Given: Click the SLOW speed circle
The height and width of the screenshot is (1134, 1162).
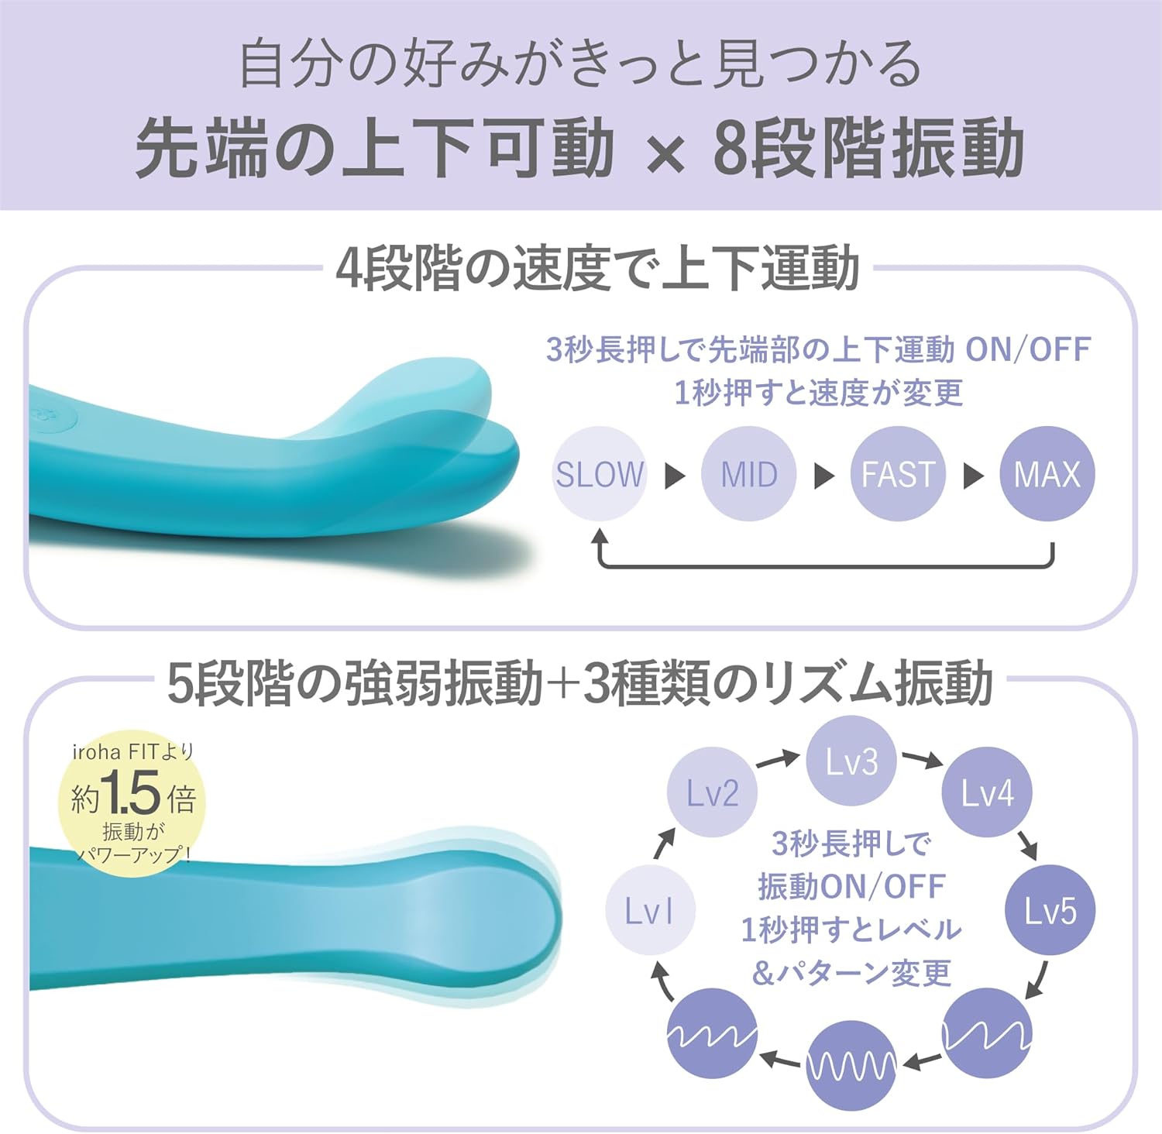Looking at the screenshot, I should (x=600, y=473).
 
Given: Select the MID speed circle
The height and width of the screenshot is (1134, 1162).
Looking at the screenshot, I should (x=748, y=473).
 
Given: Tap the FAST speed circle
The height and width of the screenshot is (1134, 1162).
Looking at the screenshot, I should (x=898, y=473).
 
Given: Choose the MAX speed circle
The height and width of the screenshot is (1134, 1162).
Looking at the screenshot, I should (x=1047, y=473).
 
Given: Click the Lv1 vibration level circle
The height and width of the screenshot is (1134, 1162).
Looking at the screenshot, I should (x=649, y=910).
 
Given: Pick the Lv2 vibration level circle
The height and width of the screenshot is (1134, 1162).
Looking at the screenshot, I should (x=712, y=792).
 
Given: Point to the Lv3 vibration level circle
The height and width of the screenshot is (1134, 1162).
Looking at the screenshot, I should (x=851, y=761).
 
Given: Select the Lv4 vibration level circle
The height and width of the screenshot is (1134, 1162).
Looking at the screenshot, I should (x=987, y=792).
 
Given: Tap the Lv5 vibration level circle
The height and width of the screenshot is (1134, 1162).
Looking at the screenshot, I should (x=1050, y=910).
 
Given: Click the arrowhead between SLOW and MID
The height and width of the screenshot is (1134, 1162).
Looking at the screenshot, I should (x=675, y=475).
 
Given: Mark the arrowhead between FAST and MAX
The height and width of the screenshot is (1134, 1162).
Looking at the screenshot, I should (x=973, y=475).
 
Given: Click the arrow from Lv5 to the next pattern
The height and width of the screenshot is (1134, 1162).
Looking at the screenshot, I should (x=1037, y=980).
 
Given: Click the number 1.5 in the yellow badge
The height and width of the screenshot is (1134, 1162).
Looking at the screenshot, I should (x=131, y=794).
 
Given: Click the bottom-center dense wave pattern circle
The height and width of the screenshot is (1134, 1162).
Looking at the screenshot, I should (x=851, y=1066).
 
